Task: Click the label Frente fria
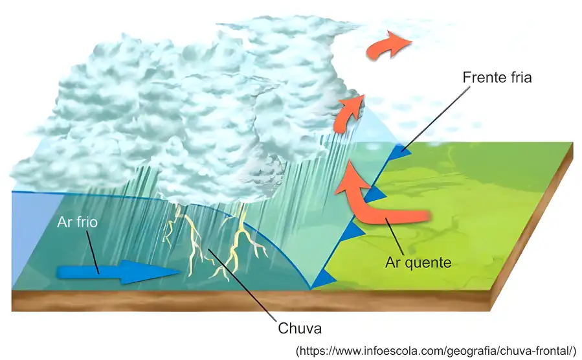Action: (497, 77)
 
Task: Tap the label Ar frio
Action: (77, 222)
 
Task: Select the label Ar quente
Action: (418, 262)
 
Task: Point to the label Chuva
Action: (300, 328)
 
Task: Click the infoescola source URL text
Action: (436, 351)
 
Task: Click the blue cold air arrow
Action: (118, 272)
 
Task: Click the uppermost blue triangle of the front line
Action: (399, 150)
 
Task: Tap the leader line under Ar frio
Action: (93, 252)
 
